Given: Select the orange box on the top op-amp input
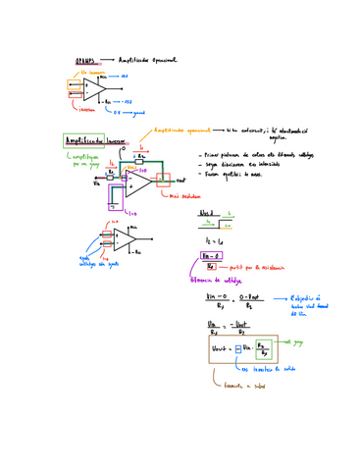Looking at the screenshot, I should (x=77, y=86).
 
